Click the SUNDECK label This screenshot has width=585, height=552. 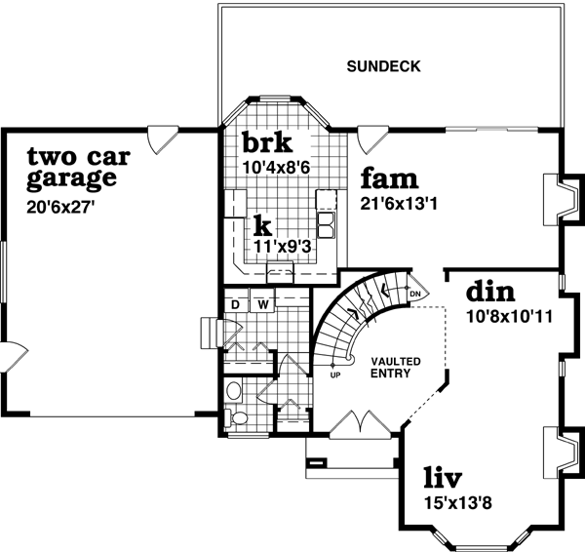pos(383,67)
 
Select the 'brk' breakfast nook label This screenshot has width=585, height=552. pos(266,142)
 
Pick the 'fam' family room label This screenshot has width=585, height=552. pos(389,179)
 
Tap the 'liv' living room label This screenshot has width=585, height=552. pos(442,479)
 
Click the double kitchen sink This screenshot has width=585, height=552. pos(326,224)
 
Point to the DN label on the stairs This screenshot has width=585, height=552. pos(413,294)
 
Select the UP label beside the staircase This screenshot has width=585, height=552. pos(335,375)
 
